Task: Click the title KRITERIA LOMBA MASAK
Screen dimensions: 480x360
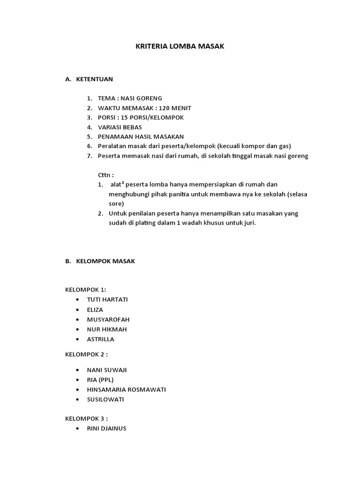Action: pyautogui.click(x=180, y=46)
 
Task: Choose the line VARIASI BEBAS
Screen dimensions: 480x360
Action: pyautogui.click(x=120, y=127)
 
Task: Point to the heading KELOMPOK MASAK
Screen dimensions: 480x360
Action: pyautogui.click(x=105, y=261)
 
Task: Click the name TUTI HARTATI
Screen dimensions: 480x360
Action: pyautogui.click(x=107, y=299)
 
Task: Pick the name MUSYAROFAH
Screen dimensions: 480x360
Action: pyautogui.click(x=108, y=319)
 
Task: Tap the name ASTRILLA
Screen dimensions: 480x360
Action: pyautogui.click(x=100, y=339)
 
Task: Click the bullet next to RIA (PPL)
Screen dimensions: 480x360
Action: pyautogui.click(x=76, y=380)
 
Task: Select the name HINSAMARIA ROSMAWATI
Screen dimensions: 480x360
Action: pyautogui.click(x=126, y=390)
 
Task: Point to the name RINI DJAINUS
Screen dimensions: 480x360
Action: pyautogui.click(x=106, y=428)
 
